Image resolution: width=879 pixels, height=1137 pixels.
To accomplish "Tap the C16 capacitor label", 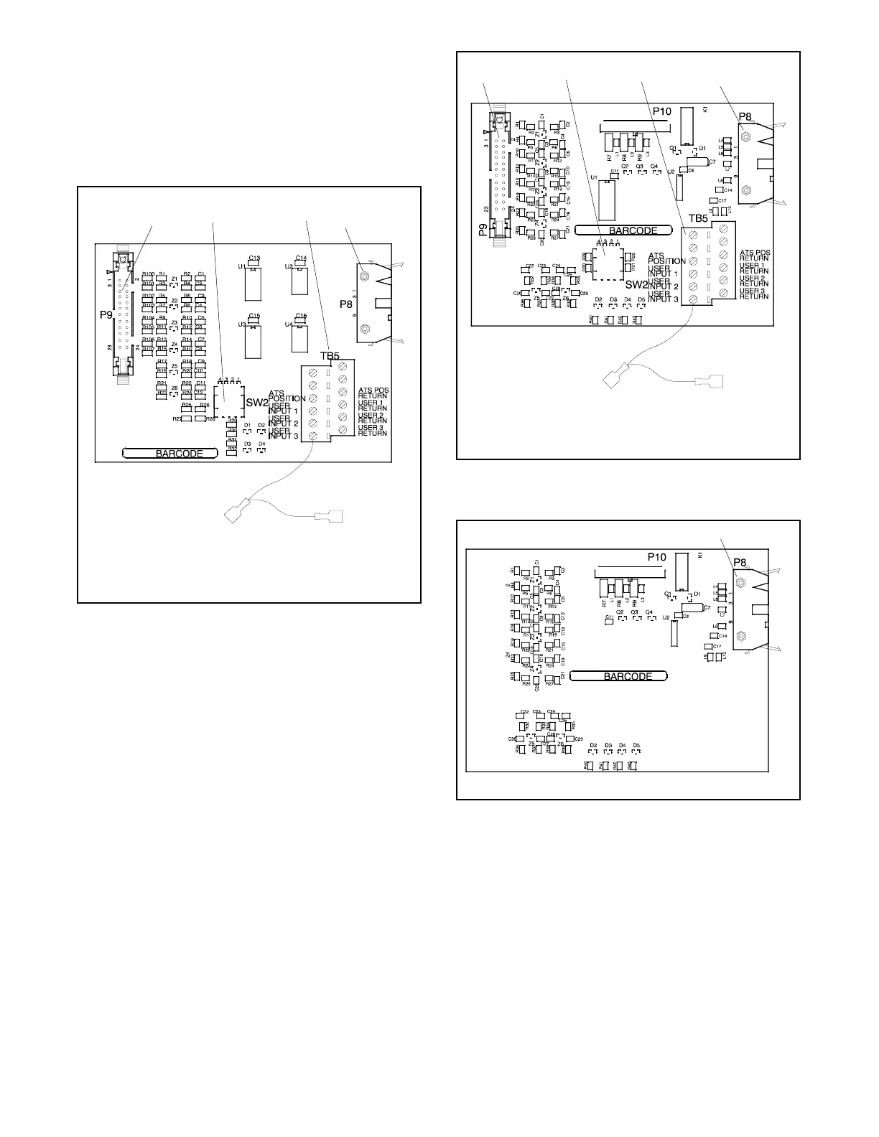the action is [300, 316].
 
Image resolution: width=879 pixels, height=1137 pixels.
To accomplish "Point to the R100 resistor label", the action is [148, 275].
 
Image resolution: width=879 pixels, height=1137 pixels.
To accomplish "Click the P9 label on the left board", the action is [105, 314].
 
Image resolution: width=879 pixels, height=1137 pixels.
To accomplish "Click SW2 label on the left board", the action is [256, 403].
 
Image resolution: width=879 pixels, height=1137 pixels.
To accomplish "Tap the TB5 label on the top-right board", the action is [699, 218].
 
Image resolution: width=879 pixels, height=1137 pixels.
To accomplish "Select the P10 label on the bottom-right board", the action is [657, 556].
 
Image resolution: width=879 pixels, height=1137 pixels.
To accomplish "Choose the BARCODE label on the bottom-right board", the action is [628, 676].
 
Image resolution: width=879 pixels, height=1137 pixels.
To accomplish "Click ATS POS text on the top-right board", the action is [755, 253].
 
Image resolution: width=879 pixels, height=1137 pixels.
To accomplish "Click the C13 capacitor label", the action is [254, 258].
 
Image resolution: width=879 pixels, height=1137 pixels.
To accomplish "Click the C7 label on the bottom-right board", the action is [707, 608].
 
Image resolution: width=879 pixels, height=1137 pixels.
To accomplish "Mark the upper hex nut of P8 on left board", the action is [365, 276].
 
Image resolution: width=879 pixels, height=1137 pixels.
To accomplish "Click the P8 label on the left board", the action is [346, 304].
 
